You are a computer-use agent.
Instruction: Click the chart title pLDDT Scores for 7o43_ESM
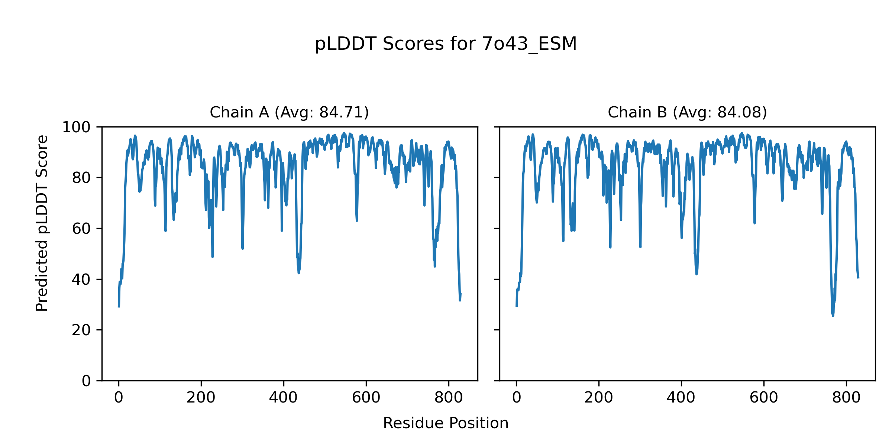[x=446, y=44]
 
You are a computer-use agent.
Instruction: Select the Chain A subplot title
[x=289, y=112]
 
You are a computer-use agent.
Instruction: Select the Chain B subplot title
[x=687, y=112]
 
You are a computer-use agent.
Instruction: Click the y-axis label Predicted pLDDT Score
[x=42, y=223]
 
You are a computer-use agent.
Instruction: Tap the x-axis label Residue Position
[x=446, y=423]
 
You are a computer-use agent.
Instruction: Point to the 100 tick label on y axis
[x=76, y=127]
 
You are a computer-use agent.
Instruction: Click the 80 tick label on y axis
[x=81, y=178]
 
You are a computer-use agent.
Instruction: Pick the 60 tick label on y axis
[x=81, y=229]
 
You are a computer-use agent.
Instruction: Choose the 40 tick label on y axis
[x=81, y=279]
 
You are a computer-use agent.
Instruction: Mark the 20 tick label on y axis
[x=81, y=330]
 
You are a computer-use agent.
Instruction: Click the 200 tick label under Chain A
[x=201, y=398]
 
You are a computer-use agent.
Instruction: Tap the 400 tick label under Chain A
[x=284, y=398]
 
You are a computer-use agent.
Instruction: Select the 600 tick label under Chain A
[x=366, y=398]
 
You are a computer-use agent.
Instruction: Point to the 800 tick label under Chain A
[x=449, y=398]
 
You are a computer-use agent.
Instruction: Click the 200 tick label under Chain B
[x=599, y=398]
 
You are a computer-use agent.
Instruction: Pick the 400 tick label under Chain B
[x=681, y=398]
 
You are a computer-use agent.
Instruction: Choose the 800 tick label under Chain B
[x=846, y=398]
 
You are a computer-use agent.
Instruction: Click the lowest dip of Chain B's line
[x=833, y=316]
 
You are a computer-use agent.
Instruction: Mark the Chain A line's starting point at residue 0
[x=119, y=307]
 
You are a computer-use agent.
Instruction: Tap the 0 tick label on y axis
[x=86, y=381]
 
